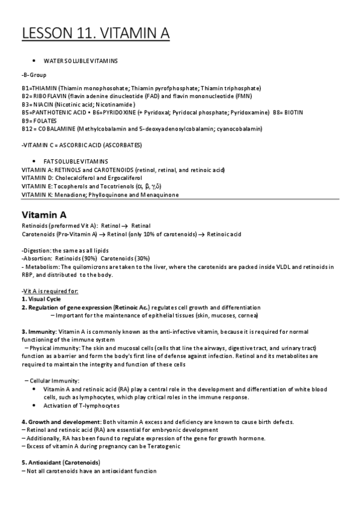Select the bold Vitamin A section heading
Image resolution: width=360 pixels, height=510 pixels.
pos(44,214)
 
